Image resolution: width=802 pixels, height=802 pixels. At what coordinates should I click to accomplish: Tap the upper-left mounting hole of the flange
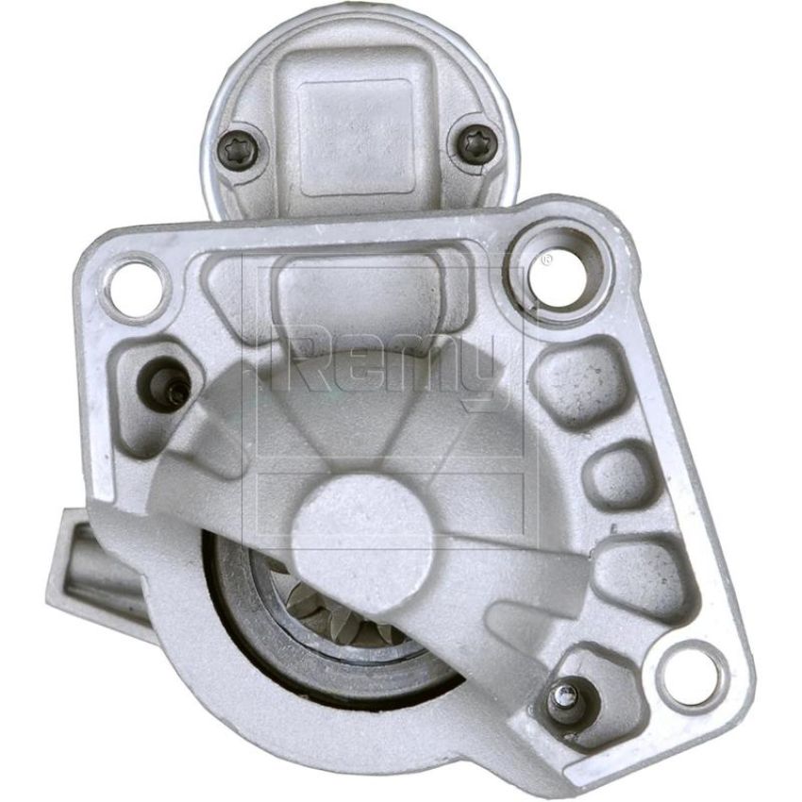(135, 290)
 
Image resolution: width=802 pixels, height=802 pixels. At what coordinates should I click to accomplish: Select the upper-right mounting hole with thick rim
(558, 275)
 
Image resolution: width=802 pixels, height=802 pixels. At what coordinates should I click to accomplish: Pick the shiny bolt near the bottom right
(569, 698)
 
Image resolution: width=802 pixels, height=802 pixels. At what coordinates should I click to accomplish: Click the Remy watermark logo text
(386, 363)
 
